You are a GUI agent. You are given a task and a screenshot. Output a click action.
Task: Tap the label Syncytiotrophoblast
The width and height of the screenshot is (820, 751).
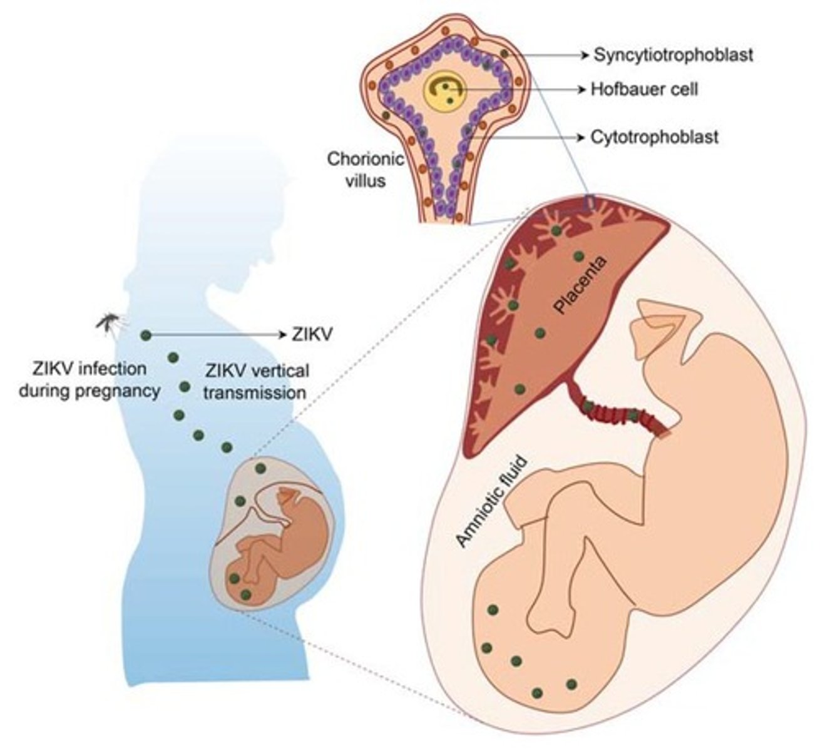[x=673, y=55]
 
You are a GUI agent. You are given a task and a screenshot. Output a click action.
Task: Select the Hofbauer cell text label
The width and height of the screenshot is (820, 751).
[x=644, y=89]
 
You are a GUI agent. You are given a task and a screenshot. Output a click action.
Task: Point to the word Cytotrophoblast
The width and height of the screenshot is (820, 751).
[x=654, y=136]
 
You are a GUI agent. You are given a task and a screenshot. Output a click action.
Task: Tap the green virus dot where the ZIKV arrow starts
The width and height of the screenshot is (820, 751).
[x=146, y=335]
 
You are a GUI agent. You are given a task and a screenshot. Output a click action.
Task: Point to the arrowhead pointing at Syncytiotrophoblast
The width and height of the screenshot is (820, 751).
[x=585, y=55]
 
